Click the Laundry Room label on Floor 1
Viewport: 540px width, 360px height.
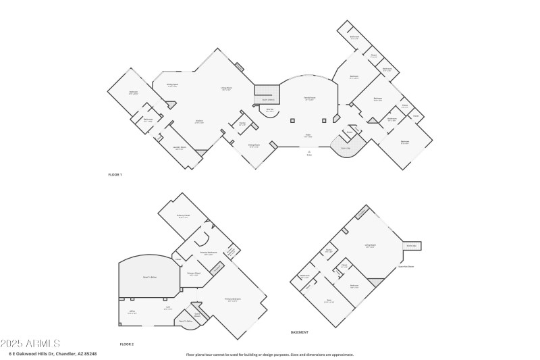tap(180, 147)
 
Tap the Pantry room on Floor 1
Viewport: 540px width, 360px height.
tap(242, 124)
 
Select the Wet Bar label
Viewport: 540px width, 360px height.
tap(269, 109)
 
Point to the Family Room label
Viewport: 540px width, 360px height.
tap(309, 99)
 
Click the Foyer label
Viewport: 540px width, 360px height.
tap(308, 136)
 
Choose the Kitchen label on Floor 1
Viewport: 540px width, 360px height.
tap(199, 122)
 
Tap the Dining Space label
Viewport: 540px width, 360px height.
tap(172, 85)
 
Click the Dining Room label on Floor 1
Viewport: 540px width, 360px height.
tap(254, 145)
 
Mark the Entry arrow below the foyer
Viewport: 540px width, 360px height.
tap(309, 153)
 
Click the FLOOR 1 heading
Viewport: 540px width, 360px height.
tap(115, 174)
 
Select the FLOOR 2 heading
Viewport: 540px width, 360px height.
tap(127, 344)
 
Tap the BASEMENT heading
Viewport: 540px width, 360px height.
tap(299, 332)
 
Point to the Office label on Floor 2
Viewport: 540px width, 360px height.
tap(132, 312)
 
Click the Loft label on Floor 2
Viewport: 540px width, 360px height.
tap(167, 309)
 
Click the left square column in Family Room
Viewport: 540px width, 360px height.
tap(293, 121)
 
